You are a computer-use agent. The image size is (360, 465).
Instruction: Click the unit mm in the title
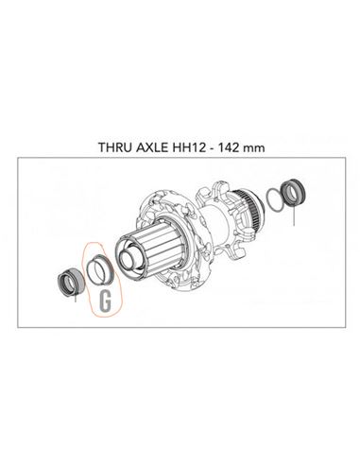pos(255,148)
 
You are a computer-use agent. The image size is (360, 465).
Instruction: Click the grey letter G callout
pos(105,301)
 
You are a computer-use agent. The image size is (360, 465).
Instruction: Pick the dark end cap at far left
pos(71,280)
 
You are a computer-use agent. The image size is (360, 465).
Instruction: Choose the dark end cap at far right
pos(295,192)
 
